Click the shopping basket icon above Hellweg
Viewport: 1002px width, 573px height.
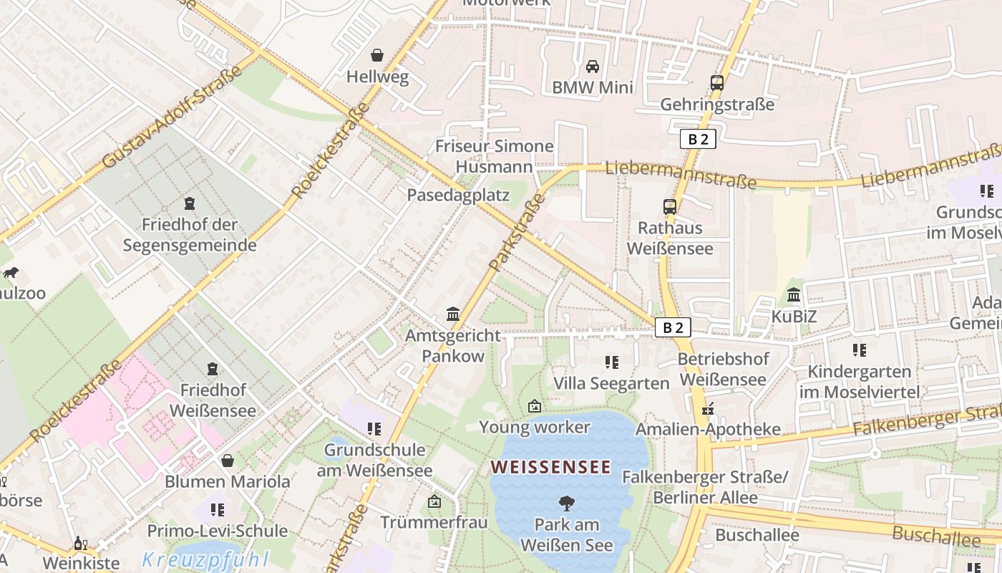coord(377,55)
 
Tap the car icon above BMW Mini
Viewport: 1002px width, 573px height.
coord(593,67)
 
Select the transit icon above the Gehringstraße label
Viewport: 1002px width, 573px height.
coord(717,83)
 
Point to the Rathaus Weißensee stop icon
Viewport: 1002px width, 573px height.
coord(670,207)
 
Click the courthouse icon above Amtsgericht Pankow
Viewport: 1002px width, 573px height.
coord(453,314)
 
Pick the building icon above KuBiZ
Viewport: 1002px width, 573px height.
coord(794,294)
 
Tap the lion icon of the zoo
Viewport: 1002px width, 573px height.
coord(11,273)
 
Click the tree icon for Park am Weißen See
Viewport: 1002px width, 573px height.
coord(566,504)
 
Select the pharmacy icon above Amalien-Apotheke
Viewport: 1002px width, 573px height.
coord(708,409)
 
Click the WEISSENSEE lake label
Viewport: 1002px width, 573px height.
coord(550,468)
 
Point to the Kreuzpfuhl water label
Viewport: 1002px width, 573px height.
coord(205,559)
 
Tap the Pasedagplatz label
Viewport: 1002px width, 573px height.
coord(458,195)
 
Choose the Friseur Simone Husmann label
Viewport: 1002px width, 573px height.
coord(495,156)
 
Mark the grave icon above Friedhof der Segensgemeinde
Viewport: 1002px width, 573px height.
coord(190,203)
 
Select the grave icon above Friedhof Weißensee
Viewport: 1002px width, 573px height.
coord(213,369)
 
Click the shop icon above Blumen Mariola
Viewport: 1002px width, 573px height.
coord(228,461)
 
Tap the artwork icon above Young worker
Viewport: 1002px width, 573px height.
coord(534,406)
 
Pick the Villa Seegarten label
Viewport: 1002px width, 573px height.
coord(611,383)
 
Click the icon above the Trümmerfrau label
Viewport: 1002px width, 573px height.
coord(434,501)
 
